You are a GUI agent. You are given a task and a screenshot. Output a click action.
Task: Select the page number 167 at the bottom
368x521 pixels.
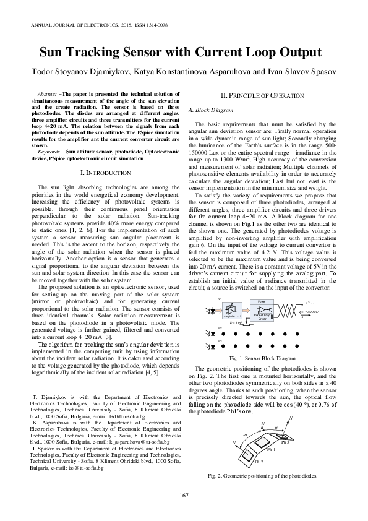tap(184, 493)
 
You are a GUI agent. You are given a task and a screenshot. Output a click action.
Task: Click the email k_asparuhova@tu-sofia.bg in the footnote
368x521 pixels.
tap(139, 444)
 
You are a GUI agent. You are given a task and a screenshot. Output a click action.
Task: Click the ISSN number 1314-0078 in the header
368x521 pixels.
tap(155, 25)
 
